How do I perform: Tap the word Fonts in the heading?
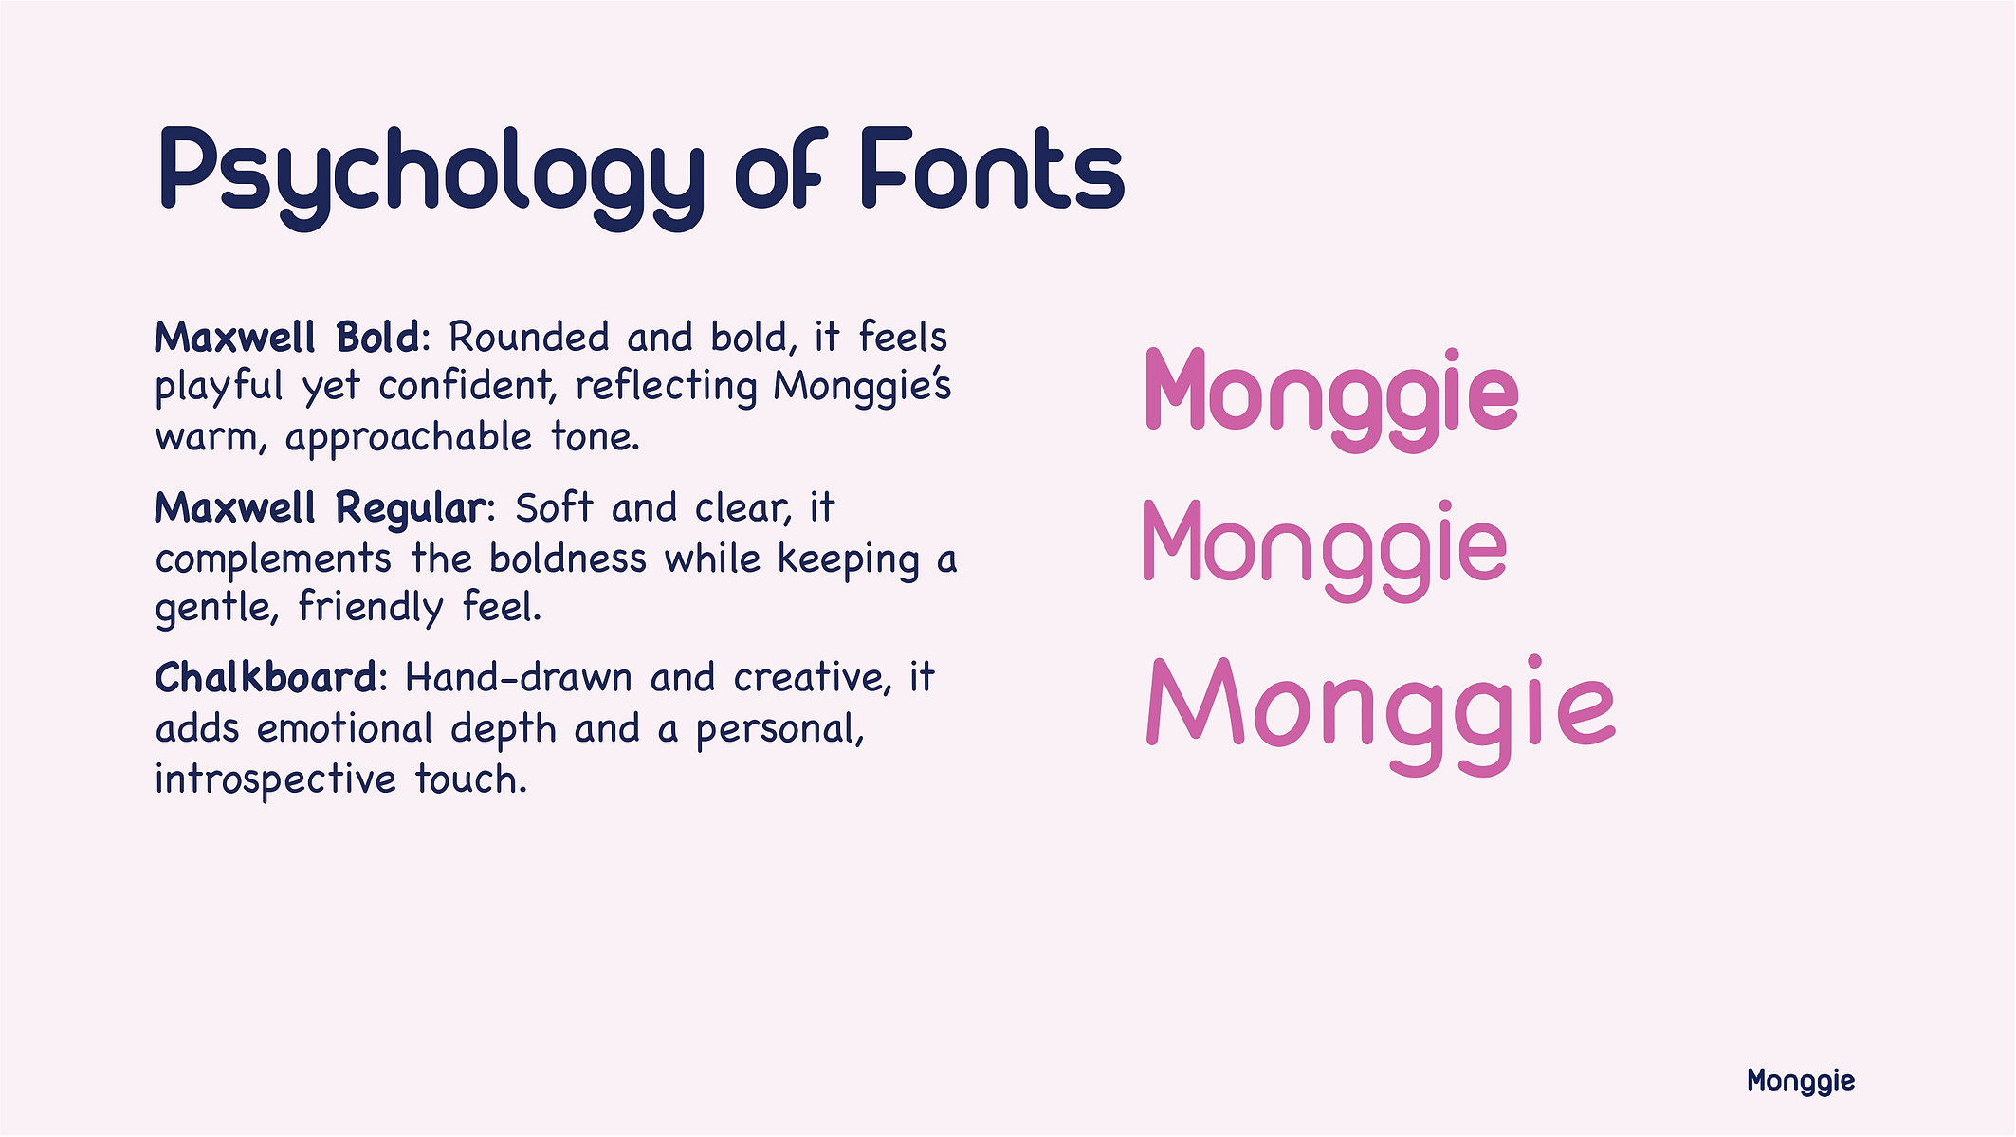pos(993,168)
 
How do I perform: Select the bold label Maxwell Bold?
pos(287,337)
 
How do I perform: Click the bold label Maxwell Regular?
pos(321,509)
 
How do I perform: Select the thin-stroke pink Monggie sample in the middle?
pos(1325,550)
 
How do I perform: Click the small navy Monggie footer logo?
pos(1801,1081)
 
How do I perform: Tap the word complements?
pos(273,559)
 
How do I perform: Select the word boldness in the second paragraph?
pos(568,558)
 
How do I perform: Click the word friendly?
pos(371,608)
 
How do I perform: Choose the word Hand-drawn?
pos(519,678)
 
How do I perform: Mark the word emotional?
pos(345,728)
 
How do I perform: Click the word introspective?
pos(276,780)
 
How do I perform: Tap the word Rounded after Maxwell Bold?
pos(529,337)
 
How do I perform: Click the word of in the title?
pos(779,168)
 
